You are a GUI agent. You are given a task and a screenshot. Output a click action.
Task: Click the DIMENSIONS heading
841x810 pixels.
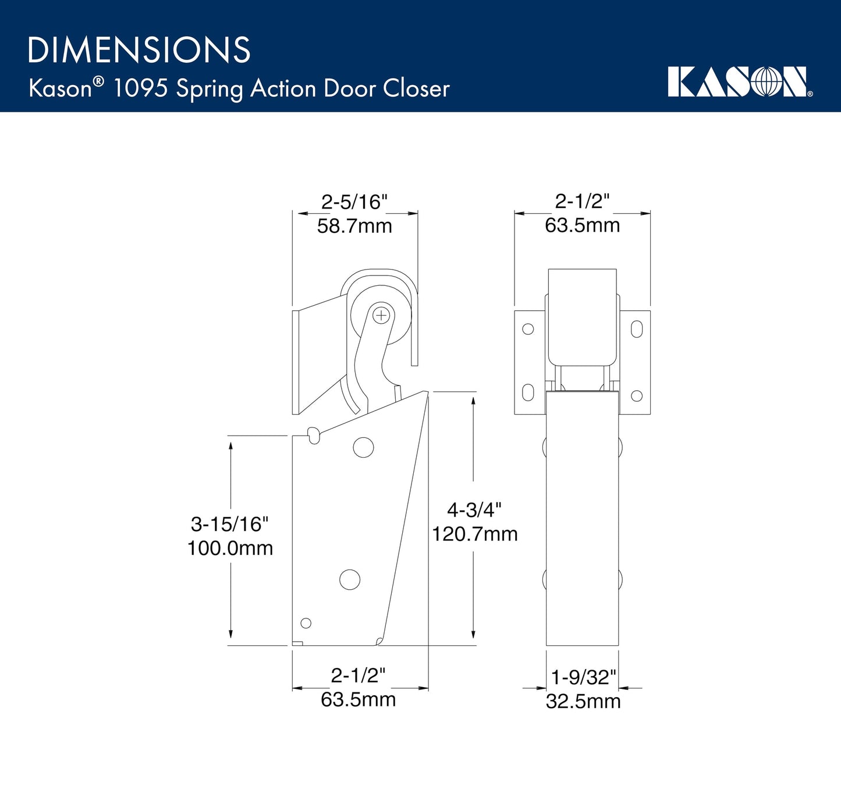(x=139, y=50)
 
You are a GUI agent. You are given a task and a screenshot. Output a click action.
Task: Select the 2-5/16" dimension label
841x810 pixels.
(x=354, y=202)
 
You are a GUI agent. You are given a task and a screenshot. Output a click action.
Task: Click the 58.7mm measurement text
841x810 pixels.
(x=354, y=226)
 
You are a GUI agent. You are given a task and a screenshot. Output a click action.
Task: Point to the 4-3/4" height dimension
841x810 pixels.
(x=474, y=510)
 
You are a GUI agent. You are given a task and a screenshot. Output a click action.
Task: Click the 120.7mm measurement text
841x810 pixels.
(x=474, y=534)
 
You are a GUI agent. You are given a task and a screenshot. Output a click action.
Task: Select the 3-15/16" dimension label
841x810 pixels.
(x=230, y=524)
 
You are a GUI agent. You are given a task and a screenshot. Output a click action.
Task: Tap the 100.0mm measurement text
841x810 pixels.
(x=230, y=548)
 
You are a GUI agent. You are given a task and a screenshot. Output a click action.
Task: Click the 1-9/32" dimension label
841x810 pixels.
(x=583, y=677)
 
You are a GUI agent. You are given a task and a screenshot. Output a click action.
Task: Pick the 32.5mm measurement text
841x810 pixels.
(x=583, y=701)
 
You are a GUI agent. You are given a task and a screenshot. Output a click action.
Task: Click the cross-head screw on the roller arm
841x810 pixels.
(x=381, y=316)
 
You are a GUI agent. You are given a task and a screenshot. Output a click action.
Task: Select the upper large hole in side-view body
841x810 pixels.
(x=363, y=447)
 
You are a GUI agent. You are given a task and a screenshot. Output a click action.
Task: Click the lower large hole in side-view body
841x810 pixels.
(x=350, y=579)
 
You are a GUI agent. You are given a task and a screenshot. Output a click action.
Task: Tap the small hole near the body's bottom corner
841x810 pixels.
(x=306, y=623)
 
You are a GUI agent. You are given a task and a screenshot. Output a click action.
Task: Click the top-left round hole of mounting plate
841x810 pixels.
(x=528, y=329)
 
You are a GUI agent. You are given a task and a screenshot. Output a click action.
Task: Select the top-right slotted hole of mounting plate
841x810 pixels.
(x=637, y=329)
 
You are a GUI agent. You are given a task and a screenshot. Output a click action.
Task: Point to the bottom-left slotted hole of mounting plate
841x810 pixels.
(x=528, y=392)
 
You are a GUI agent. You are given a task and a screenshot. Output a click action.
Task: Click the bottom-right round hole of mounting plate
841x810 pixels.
(x=637, y=396)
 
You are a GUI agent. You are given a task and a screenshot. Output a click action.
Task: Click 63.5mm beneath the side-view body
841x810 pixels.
(x=358, y=699)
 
